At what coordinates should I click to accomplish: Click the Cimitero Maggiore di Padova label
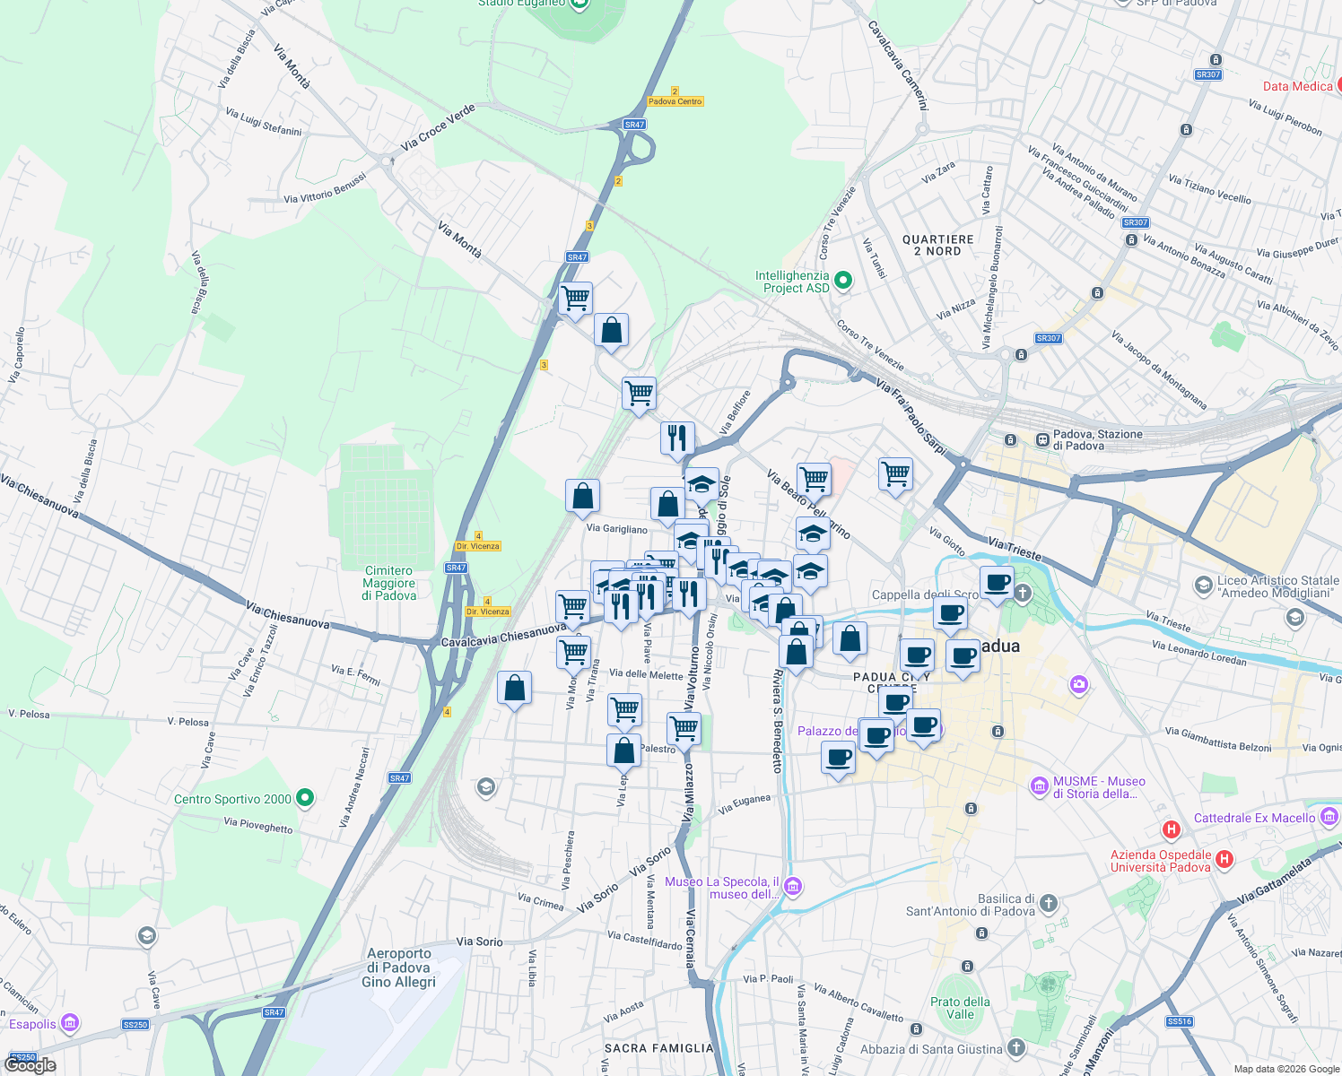(389, 583)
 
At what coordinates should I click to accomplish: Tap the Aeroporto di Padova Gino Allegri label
(399, 968)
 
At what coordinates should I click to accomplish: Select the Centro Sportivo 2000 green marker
(305, 797)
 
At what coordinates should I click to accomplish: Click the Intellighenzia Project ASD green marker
(842, 282)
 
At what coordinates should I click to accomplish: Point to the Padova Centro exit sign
(675, 101)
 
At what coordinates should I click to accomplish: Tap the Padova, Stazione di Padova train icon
(1042, 440)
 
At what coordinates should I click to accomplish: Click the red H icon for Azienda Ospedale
(1224, 860)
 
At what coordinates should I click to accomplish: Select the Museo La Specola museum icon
(792, 887)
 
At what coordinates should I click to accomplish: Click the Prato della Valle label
(960, 1008)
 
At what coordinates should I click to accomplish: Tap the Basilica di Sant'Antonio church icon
(1049, 903)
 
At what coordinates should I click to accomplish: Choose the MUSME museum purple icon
(1039, 786)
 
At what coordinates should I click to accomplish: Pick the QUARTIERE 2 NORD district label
(937, 246)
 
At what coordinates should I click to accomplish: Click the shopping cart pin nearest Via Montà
(575, 298)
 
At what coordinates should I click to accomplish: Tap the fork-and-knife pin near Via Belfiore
(677, 438)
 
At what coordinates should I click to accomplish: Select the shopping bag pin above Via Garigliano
(582, 496)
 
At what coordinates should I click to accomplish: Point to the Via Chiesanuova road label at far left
(39, 496)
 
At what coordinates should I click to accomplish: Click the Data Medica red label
(1297, 86)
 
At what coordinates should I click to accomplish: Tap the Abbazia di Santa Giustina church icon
(1015, 1047)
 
